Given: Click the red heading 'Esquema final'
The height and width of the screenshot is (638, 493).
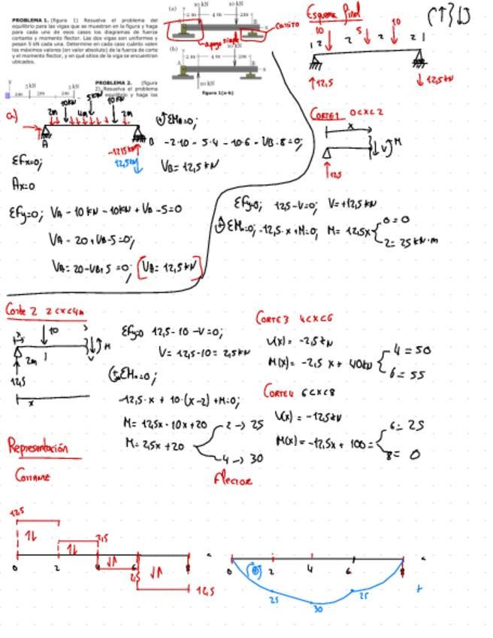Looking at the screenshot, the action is click(x=334, y=13).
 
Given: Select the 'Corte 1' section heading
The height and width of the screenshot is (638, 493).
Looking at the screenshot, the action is click(x=326, y=114).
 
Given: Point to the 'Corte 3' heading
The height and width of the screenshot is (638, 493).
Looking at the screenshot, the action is click(x=272, y=319).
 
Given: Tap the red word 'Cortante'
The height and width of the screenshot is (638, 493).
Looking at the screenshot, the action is click(x=33, y=476).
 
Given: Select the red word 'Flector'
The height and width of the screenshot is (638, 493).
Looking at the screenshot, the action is click(x=233, y=479).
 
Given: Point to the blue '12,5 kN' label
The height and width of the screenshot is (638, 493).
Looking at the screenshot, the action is click(x=126, y=163).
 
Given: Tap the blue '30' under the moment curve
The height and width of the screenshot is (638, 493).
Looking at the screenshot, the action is click(x=317, y=609).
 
